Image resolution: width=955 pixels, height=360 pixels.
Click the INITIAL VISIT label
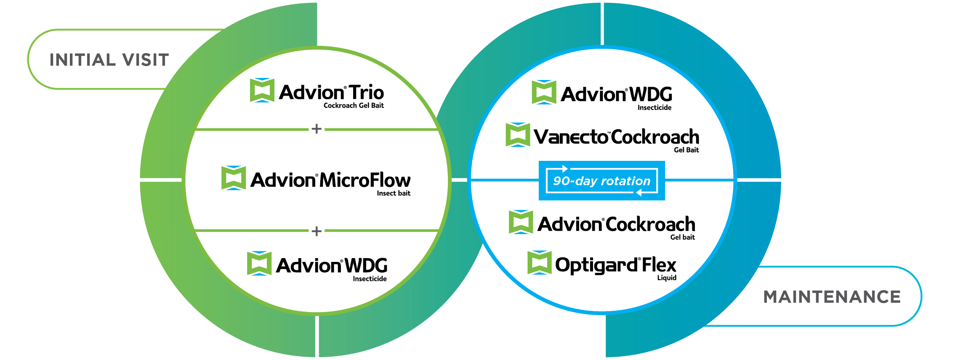[109, 60]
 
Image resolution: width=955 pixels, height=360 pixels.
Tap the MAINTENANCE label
[832, 297]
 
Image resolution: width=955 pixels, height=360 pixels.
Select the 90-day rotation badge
[601, 181]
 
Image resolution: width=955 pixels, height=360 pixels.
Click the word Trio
[366, 92]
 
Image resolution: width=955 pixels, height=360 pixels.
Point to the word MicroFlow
[365, 180]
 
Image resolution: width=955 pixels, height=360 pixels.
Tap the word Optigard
[596, 265]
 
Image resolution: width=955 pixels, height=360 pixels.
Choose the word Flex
[659, 265]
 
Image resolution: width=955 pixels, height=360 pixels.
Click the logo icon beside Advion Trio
[262, 90]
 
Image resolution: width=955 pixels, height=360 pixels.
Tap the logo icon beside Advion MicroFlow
[234, 178]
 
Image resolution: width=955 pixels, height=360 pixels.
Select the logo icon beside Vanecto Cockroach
[517, 135]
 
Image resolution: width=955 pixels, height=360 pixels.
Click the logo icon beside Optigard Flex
[539, 262]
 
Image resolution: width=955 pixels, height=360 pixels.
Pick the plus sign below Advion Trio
[317, 129]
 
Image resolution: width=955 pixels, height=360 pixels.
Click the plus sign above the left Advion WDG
[317, 231]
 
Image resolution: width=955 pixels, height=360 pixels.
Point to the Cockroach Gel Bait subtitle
[354, 106]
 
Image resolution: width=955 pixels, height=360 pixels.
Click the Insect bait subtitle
[394, 193]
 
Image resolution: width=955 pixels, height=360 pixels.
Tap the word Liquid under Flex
[667, 278]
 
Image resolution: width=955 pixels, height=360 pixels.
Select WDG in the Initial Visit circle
[366, 266]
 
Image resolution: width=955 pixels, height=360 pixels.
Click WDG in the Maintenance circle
[651, 94]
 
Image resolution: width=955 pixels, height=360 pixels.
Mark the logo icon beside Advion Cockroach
[521, 222]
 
